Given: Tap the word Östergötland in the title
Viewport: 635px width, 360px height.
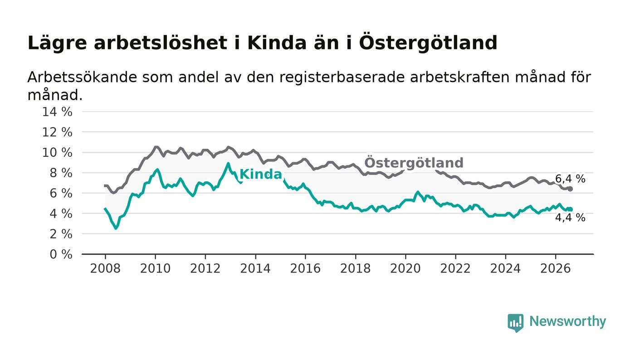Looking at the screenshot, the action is [x=428, y=43].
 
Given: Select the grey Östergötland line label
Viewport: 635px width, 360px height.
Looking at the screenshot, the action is [x=414, y=163].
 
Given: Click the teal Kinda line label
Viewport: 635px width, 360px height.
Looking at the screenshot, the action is [x=261, y=174].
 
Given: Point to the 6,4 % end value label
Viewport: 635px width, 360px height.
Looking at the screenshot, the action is [x=570, y=179].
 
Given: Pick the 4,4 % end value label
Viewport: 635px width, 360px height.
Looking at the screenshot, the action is [x=570, y=218].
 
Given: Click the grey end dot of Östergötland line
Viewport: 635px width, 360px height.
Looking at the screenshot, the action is [x=571, y=189].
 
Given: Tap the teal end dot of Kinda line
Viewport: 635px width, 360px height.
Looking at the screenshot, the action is [x=571, y=209].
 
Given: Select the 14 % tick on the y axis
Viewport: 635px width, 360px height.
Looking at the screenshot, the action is [x=57, y=112].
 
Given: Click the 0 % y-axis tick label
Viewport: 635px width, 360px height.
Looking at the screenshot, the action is [x=61, y=254].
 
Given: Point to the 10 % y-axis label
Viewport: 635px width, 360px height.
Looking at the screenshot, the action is [x=57, y=152].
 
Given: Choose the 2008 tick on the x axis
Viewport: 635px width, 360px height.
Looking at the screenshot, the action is [x=105, y=268].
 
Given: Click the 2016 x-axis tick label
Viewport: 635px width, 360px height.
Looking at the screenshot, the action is [x=305, y=268].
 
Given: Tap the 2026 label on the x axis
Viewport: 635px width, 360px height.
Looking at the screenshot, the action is [x=555, y=268].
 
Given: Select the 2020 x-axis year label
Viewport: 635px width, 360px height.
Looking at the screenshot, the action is [x=405, y=268].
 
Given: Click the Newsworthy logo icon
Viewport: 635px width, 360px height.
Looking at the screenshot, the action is [x=515, y=323].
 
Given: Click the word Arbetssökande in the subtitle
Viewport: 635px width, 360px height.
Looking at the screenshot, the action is [x=82, y=77].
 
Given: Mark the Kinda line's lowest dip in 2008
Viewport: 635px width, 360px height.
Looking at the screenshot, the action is [x=116, y=228].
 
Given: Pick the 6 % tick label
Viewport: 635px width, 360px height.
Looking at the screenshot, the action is [x=61, y=193].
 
